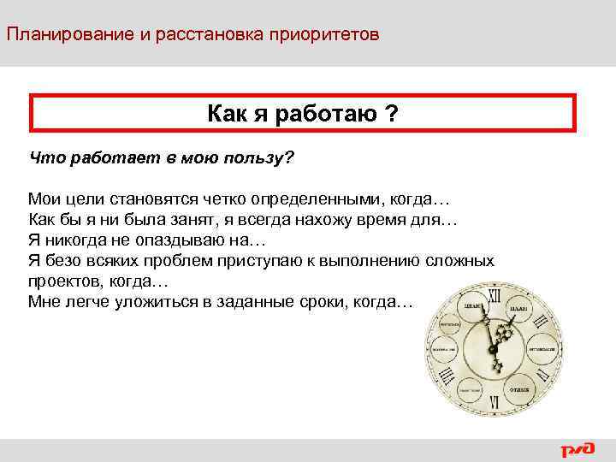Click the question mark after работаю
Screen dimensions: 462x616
390,114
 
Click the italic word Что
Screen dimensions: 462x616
45,157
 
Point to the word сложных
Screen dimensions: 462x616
461,261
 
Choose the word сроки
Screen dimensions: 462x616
318,302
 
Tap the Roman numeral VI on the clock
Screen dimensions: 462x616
494,400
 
